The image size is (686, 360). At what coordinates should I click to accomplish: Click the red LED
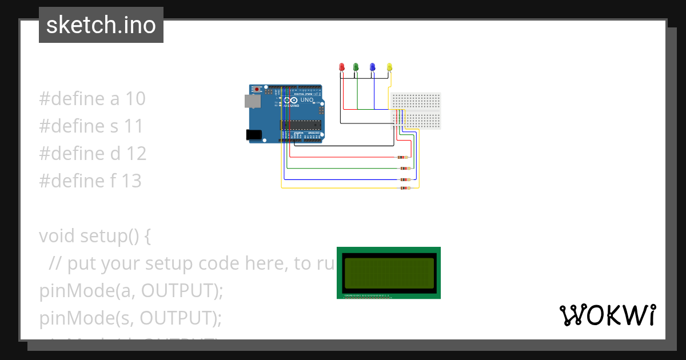[x=342, y=67]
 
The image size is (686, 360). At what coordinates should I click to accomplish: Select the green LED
[x=356, y=67]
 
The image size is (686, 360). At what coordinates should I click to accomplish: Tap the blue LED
[x=372, y=67]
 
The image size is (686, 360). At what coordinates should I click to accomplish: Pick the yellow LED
[x=390, y=67]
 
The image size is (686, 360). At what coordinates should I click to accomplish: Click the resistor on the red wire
[x=403, y=157]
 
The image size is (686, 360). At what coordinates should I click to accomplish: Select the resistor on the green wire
[x=405, y=169]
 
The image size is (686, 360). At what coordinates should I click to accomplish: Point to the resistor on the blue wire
[x=405, y=179]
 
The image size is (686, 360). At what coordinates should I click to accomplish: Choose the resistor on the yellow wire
[x=405, y=188]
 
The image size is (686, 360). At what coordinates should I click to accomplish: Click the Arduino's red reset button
[x=257, y=89]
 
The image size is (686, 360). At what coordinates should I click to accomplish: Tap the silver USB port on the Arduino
[x=252, y=101]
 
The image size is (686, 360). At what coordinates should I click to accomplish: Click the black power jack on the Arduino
[x=253, y=134]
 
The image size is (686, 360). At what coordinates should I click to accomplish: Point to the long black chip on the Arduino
[x=300, y=125]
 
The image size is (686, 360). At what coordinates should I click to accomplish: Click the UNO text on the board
[x=307, y=100]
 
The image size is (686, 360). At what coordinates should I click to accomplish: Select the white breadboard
[x=416, y=110]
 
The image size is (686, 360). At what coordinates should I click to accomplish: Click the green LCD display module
[x=389, y=273]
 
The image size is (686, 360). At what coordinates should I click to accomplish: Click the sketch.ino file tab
[x=101, y=25]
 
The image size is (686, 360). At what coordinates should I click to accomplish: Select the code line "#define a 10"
[x=92, y=99]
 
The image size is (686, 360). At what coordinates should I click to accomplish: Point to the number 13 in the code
[x=131, y=181]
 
